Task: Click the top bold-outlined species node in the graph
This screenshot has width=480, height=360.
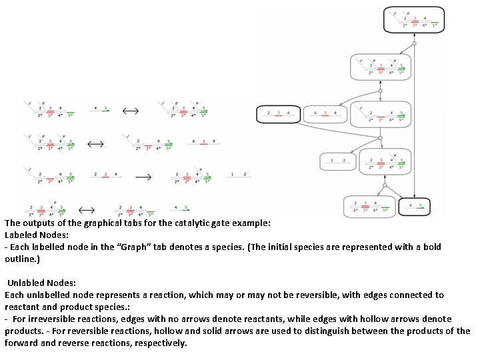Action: pos(413,20)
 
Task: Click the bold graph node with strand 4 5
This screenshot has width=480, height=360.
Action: pos(415,207)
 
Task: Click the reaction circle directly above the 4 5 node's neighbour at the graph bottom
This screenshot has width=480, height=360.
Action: pos(385,185)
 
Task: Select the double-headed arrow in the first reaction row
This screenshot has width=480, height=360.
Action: pos(130,110)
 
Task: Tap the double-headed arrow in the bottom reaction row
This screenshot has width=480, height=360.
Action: pos(87,209)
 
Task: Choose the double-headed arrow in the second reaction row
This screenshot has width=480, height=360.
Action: pos(96,143)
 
